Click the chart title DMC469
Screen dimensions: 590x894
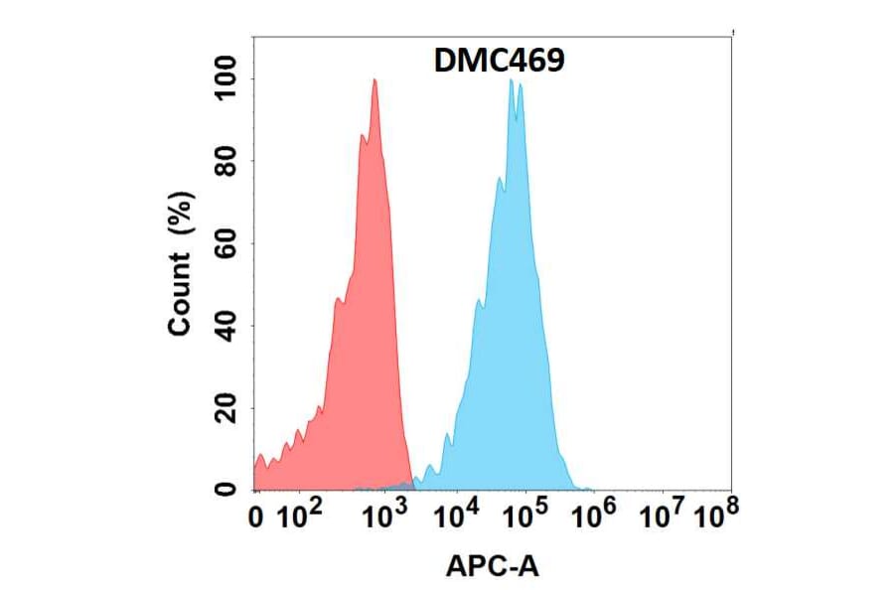[x=500, y=62]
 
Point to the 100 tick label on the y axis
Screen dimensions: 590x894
[x=227, y=79]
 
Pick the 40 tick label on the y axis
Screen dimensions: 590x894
[x=227, y=326]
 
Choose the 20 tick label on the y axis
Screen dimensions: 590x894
[x=227, y=407]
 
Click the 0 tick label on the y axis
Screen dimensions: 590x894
[x=227, y=489]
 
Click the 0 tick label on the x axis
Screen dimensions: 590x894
[x=256, y=517]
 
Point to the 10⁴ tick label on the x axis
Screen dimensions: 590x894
[x=458, y=516]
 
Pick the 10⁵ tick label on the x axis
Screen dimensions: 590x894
[x=526, y=516]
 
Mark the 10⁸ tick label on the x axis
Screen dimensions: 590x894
[x=717, y=516]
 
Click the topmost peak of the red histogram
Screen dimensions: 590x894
[x=374, y=80]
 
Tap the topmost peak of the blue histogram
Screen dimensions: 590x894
[x=511, y=80]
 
